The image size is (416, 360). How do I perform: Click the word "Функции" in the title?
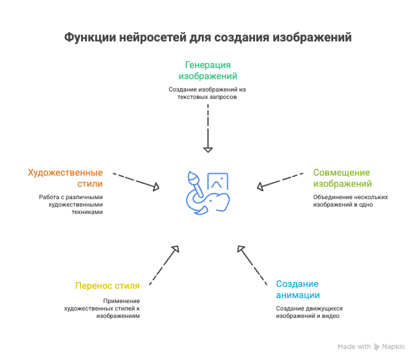point(90,38)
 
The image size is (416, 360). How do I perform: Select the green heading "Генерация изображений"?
point(208,71)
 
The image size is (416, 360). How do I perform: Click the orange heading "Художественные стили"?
point(65,178)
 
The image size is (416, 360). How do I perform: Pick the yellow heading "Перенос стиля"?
point(108,286)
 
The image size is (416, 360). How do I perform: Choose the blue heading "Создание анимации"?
point(298,289)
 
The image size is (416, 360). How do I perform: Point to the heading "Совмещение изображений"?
point(342,178)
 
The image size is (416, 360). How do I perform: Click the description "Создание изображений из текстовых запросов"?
point(207,93)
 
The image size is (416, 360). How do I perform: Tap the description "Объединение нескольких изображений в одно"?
point(350,201)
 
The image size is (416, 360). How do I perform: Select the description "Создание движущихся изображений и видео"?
point(310,312)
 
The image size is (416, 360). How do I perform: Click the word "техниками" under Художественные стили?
point(87,212)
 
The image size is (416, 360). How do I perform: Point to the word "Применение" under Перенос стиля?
point(121,301)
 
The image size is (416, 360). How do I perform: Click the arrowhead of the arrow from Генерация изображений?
point(208,150)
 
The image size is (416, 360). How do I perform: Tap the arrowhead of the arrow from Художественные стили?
point(156,187)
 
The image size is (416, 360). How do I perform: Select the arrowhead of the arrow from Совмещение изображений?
point(260,187)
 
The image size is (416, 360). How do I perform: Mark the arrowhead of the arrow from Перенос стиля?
point(176,249)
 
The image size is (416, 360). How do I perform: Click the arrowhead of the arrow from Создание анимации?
point(241,249)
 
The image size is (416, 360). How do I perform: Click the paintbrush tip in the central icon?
point(193,177)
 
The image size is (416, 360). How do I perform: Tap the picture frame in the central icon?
point(218,181)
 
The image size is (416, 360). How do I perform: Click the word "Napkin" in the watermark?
point(394,347)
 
